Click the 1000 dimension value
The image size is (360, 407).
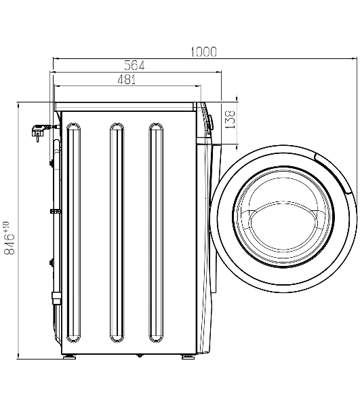pyautogui.click(x=203, y=52)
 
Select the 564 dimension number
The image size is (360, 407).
pyautogui.click(x=134, y=65)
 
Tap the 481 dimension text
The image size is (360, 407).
pyautogui.click(x=127, y=79)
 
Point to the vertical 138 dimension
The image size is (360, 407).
pyautogui.click(x=230, y=119)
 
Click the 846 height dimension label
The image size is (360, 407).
pyautogui.click(x=9, y=237)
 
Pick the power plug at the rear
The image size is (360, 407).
pyautogui.click(x=39, y=130)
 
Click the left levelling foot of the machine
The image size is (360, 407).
pyautogui.click(x=69, y=357)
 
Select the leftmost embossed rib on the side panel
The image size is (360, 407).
pyautogui.click(x=73, y=233)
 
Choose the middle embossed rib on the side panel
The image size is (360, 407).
pyautogui.click(x=117, y=233)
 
